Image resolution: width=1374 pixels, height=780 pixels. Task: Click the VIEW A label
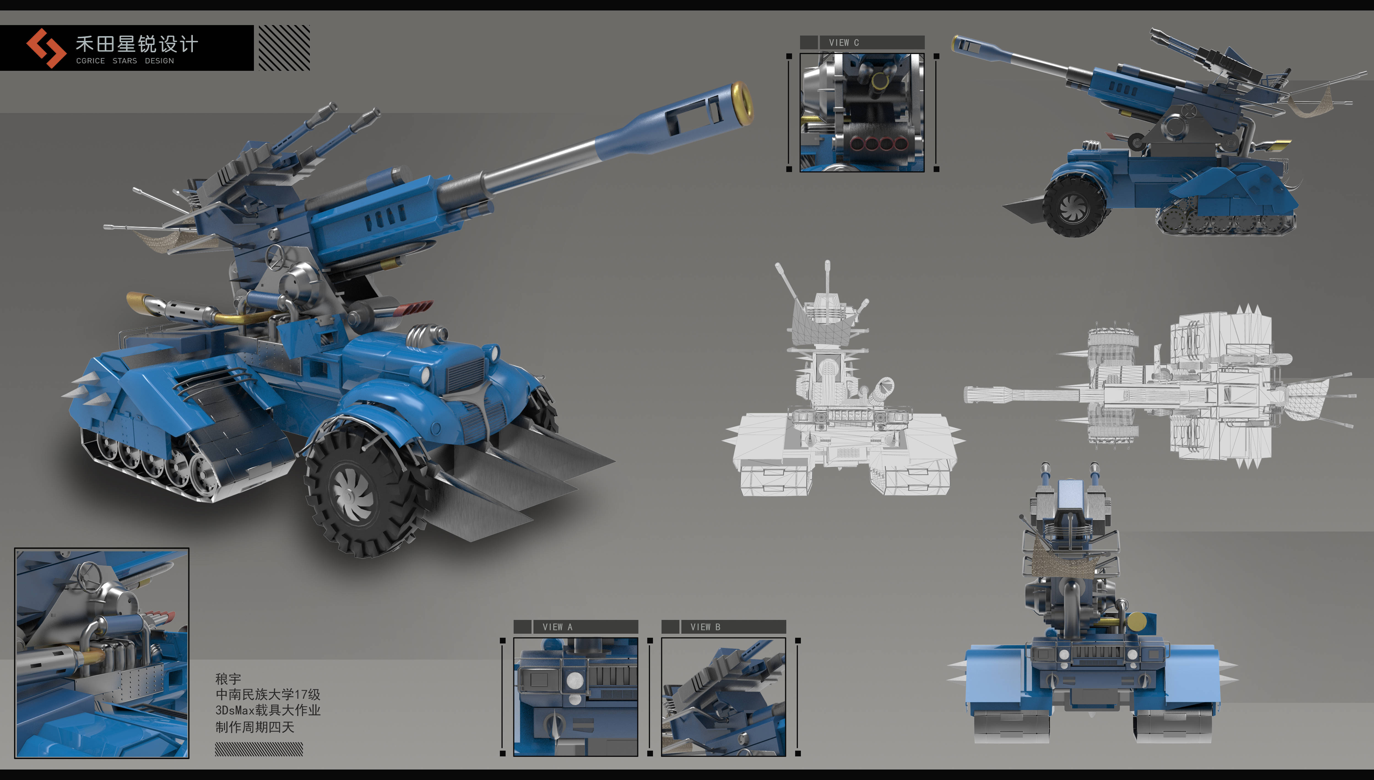[557, 627]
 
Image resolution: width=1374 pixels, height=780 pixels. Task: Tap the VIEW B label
[705, 627]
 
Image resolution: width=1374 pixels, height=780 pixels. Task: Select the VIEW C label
[844, 42]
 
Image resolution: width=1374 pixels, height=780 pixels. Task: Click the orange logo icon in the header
[46, 48]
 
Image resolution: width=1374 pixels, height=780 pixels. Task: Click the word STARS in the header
[125, 61]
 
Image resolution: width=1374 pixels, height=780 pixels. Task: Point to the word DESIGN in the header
[159, 61]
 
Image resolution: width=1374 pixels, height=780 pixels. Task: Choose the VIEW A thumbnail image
[576, 697]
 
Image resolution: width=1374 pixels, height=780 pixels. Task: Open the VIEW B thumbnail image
[723, 697]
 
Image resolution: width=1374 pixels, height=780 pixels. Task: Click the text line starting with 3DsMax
[268, 710]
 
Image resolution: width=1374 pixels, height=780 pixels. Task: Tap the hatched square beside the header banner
[284, 48]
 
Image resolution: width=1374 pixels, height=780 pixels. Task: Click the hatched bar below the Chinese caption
[259, 749]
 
